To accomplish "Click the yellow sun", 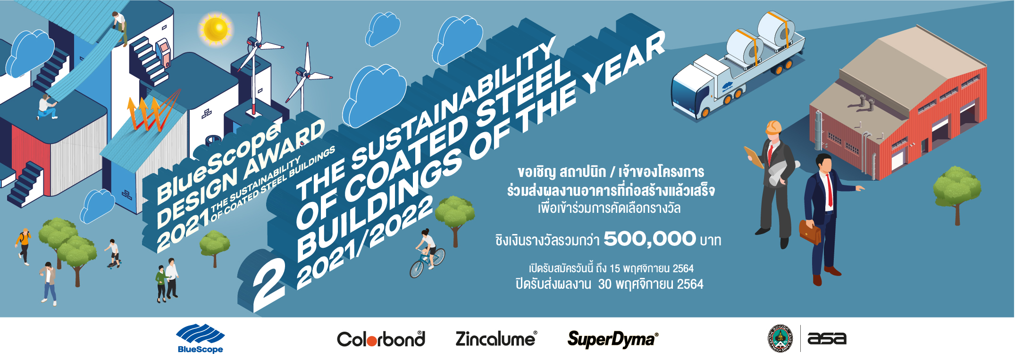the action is pos(216,28).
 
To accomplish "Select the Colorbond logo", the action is pos(381,339).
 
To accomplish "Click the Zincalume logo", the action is pos(496,339).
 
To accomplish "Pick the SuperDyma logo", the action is pos(612,339).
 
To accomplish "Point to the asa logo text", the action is pos(827,338).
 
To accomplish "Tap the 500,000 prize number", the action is pos(650,239).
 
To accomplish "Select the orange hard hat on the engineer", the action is pos(773,126).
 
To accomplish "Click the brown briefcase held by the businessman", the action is pos(810,232).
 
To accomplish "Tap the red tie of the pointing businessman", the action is pos(828,191).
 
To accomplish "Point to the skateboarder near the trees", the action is pos(113,254).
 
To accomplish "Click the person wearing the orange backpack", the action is pos(23,245).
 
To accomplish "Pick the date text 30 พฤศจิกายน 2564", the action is pos(651,284).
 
